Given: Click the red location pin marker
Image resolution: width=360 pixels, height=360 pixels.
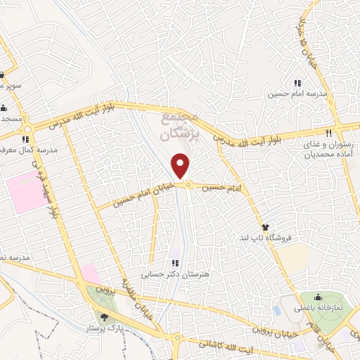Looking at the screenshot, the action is click(181, 166).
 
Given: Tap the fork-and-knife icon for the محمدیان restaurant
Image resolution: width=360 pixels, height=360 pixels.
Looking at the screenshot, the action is click(328, 133).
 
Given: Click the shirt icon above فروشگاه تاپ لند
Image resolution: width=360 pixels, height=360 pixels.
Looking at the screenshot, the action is click(266, 227).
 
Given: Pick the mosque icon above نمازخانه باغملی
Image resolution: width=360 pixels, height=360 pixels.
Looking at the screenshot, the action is click(319, 296).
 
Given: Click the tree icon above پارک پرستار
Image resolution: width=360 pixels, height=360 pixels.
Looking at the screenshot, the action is click(105, 318).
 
